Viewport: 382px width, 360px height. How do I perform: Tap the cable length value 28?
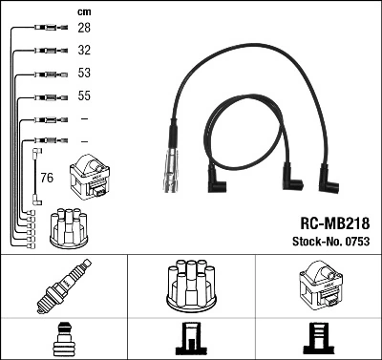(83, 30)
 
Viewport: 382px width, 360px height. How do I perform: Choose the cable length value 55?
(83, 96)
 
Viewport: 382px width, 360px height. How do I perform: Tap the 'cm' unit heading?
(83, 11)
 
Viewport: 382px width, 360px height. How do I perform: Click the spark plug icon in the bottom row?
(63, 286)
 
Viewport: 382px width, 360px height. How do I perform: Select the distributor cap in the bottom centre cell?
(190, 285)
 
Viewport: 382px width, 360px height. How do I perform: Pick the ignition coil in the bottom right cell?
(318, 286)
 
